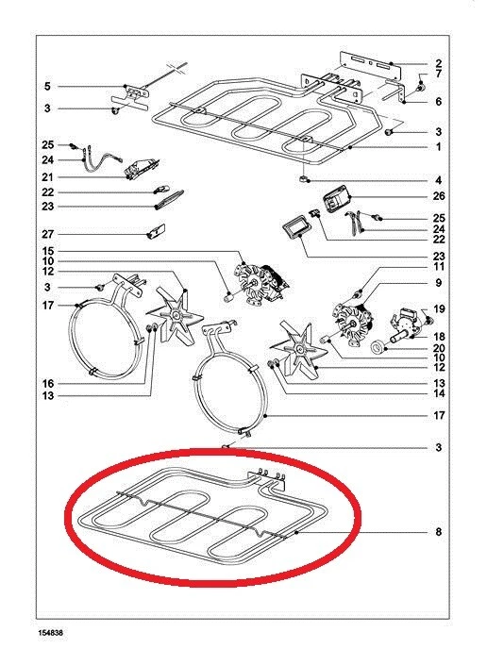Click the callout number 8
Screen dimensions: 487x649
click(x=439, y=531)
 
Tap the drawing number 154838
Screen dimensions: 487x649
click(x=51, y=633)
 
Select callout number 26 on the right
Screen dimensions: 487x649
click(x=439, y=196)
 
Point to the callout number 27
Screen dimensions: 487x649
click(x=48, y=234)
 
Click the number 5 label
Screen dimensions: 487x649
click(x=47, y=87)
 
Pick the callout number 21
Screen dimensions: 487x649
click(x=48, y=177)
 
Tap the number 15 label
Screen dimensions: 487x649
click(x=48, y=251)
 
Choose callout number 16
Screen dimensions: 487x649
click(x=48, y=383)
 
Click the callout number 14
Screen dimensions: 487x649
click(x=439, y=393)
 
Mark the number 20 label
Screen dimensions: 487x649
click(x=439, y=348)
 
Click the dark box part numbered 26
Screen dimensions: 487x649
click(x=337, y=199)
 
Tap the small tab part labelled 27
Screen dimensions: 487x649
click(x=156, y=231)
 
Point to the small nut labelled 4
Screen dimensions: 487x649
click(x=304, y=179)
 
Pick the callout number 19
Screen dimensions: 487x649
click(x=439, y=308)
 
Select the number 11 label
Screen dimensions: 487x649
click(x=439, y=267)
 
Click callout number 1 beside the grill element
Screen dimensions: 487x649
click(x=439, y=146)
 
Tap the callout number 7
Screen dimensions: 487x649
click(x=439, y=74)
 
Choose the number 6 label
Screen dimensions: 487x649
click(x=439, y=102)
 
